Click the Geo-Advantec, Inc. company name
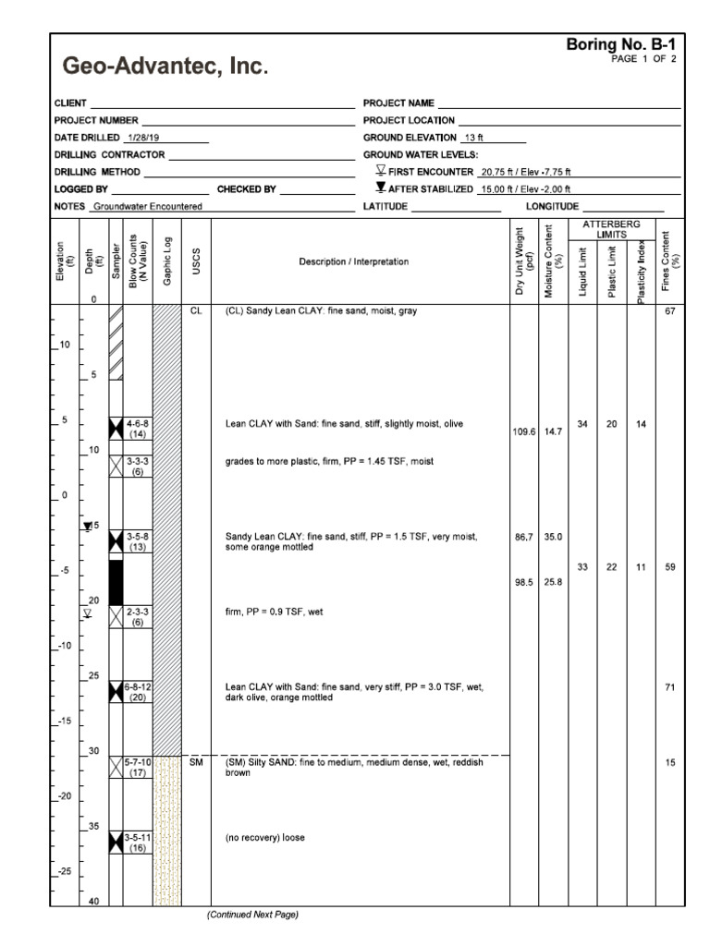pos(165,67)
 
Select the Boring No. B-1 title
pos(624,43)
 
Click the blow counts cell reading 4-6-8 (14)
pos(138,427)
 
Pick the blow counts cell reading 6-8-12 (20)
pos(140,691)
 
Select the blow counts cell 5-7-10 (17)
pos(138,767)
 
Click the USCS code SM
pos(196,762)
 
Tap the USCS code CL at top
pos(196,311)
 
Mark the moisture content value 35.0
pos(553,536)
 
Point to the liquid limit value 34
pos(582,424)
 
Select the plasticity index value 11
pos(641,567)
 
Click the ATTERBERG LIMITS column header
pos(611,229)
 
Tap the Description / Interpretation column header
pos(360,262)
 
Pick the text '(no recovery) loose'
pos(265,839)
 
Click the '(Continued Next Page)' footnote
pos(252,915)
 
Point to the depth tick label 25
pos(93,676)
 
